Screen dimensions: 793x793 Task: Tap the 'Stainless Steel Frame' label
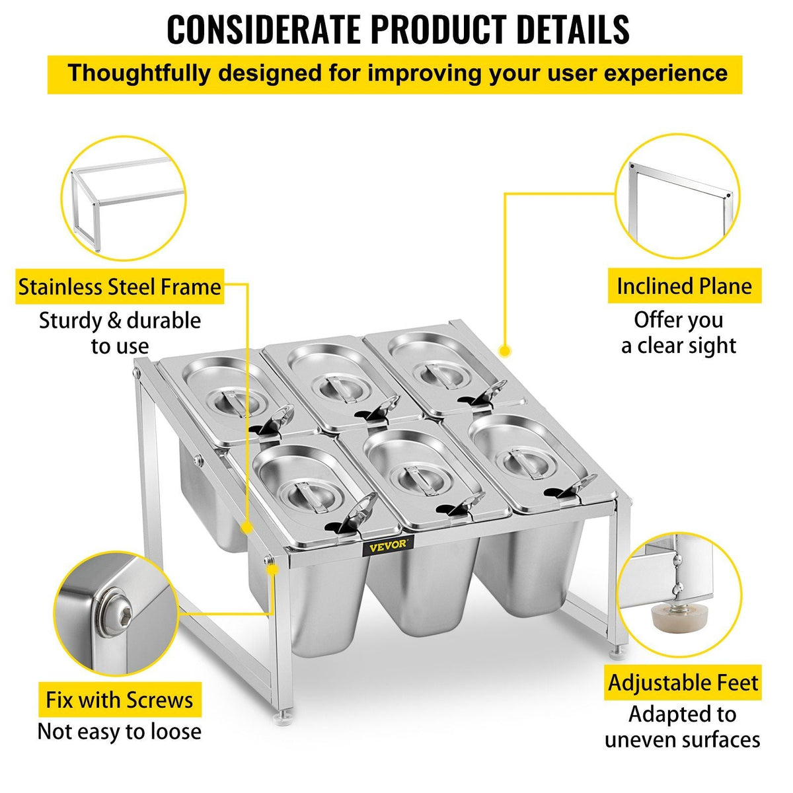[120, 287]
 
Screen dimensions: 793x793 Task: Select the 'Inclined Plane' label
[685, 285]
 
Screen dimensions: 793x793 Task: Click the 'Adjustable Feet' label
[683, 682]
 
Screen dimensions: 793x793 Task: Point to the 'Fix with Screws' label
[120, 700]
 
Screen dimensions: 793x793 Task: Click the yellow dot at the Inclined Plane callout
[504, 351]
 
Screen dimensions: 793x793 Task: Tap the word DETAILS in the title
[573, 29]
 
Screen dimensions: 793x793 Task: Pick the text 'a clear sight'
[679, 346]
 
